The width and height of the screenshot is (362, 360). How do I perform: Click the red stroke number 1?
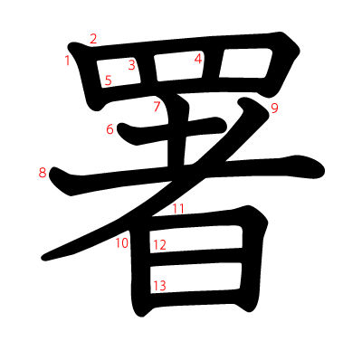click(x=68, y=61)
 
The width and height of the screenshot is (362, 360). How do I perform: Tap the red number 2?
click(x=93, y=38)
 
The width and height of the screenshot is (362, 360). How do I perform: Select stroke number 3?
click(x=131, y=64)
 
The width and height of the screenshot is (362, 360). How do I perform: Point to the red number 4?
click(x=198, y=59)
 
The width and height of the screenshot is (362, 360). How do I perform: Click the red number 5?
click(x=109, y=81)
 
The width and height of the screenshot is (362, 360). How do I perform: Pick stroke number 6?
click(x=110, y=129)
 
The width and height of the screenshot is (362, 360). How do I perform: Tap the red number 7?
click(x=157, y=108)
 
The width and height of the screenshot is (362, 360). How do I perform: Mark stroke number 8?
click(x=43, y=173)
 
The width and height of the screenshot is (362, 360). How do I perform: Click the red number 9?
click(x=274, y=109)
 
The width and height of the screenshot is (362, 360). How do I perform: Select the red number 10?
click(x=121, y=242)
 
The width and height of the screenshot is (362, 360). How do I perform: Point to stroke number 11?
click(x=178, y=209)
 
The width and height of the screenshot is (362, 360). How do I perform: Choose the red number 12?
click(x=159, y=245)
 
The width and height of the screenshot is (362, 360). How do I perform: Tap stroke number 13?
click(x=159, y=286)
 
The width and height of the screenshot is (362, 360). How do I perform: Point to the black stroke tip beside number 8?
click(x=56, y=175)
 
